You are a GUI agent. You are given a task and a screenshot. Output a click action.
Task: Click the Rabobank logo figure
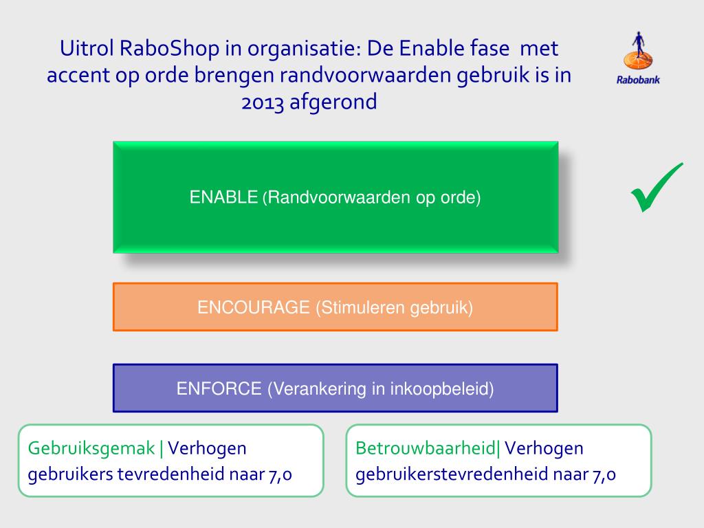point(637,52)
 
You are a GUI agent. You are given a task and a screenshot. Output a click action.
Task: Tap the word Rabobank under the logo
point(637,80)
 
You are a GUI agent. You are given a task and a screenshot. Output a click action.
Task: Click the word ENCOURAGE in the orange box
point(254,307)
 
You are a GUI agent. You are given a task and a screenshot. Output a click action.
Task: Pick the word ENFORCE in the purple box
point(219,388)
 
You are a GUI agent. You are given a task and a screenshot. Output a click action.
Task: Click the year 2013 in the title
point(264,102)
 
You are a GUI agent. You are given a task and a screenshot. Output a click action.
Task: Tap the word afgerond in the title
point(333,103)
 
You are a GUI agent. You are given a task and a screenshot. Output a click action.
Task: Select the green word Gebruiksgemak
point(91,449)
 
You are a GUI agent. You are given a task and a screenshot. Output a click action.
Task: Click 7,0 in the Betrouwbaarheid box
point(603,474)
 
